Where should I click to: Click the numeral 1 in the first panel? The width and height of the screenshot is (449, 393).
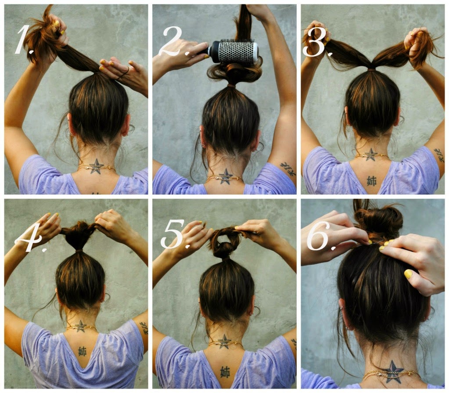tap(23, 40)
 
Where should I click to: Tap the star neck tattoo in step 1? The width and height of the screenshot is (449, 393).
tap(96, 166)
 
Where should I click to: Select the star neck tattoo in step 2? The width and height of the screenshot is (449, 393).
tap(225, 177)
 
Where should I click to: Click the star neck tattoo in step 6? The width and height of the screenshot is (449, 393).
tap(392, 372)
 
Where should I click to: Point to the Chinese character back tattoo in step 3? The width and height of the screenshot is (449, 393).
tap(372, 181)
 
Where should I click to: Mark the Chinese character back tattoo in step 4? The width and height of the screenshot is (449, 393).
tap(82, 351)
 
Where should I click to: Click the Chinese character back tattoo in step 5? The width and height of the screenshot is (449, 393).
tap(225, 372)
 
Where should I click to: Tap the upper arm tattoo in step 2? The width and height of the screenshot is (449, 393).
tap(288, 169)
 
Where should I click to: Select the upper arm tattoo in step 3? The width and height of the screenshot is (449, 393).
tap(439, 155)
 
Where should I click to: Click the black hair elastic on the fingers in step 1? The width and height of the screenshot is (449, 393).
tap(122, 73)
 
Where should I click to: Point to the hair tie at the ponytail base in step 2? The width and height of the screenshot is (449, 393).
tap(232, 85)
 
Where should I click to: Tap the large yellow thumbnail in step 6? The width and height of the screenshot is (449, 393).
tap(408, 274)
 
